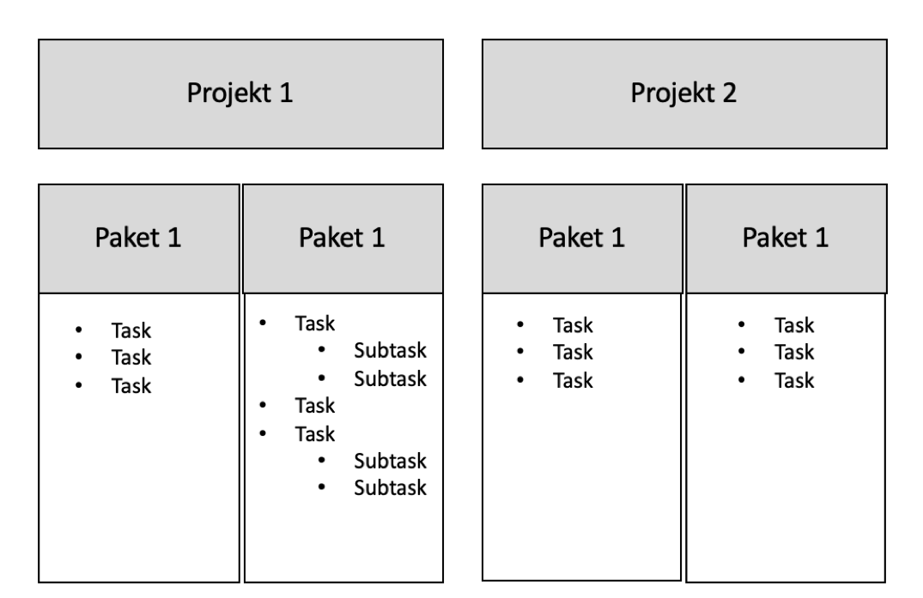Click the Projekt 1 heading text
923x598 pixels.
pyautogui.click(x=240, y=93)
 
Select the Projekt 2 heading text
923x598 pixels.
pyautogui.click(x=683, y=93)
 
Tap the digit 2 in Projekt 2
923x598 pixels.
pyautogui.click(x=729, y=93)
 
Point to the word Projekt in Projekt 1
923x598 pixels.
pyautogui.click(x=229, y=93)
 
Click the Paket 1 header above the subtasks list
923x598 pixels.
pyautogui.click(x=343, y=239)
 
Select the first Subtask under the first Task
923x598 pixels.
pyautogui.click(x=390, y=350)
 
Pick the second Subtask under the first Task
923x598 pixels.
pyautogui.click(x=390, y=378)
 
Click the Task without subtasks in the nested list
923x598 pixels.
pyautogui.click(x=315, y=406)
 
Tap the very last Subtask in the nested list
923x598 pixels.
pyautogui.click(x=390, y=487)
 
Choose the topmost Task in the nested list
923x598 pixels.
pyautogui.click(x=315, y=323)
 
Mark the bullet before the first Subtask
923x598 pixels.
pyautogui.click(x=321, y=350)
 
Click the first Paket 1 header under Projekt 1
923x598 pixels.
pyautogui.click(x=139, y=239)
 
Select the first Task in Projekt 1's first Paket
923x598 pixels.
pyautogui.click(x=131, y=330)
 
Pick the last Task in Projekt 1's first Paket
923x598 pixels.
pyautogui.click(x=131, y=386)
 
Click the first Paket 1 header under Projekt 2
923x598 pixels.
pyautogui.click(x=582, y=239)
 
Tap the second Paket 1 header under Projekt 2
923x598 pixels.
pyautogui.click(x=786, y=239)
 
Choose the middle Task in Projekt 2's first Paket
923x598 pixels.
pyautogui.click(x=573, y=353)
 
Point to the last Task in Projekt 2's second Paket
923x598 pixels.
pyautogui.click(x=794, y=380)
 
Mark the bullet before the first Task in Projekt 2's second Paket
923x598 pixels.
pyautogui.click(x=741, y=324)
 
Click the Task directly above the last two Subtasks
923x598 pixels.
pyautogui.click(x=315, y=434)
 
